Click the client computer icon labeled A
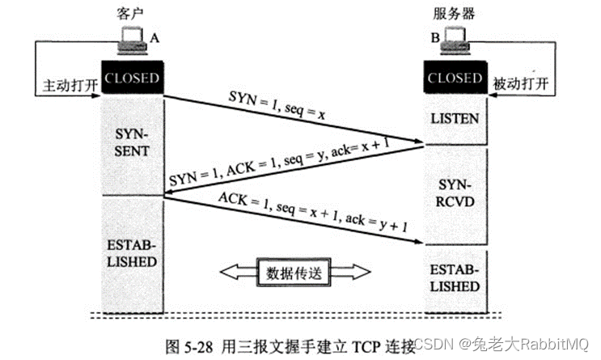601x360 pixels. point(133,40)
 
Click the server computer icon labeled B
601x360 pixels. point(455,40)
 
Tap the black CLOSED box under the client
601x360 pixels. point(132,77)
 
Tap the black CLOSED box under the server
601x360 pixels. point(455,77)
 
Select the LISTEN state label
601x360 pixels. point(455,119)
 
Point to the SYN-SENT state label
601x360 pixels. point(132,142)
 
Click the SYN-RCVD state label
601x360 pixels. point(455,193)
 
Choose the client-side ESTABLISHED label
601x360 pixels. point(132,253)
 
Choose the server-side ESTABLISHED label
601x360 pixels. point(455,278)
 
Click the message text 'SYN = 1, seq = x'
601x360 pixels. point(277,105)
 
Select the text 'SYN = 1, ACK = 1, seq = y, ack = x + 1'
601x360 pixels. point(279,162)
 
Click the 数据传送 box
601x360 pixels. point(294,273)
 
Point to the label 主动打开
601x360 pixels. point(70,85)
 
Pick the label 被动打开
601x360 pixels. point(520,83)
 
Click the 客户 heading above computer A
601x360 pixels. point(130,14)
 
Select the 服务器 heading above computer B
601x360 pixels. point(455,14)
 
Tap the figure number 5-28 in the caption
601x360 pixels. point(198,347)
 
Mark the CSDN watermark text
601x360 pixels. point(434,344)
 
